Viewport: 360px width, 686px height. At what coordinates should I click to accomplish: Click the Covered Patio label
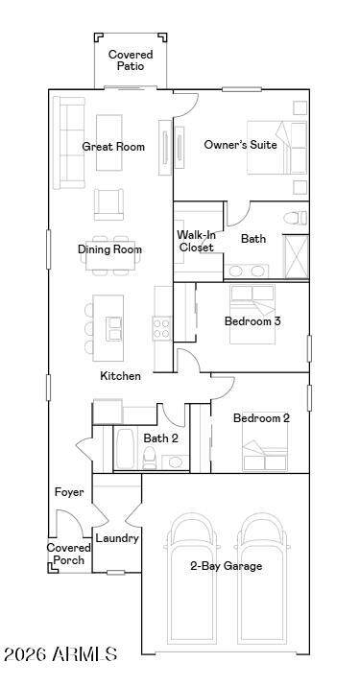pyautogui.click(x=131, y=60)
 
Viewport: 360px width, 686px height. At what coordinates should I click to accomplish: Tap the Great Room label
pyautogui.click(x=113, y=146)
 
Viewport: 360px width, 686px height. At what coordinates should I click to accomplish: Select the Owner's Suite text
pyautogui.click(x=240, y=144)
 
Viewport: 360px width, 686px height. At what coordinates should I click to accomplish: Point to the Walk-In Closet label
pyautogui.click(x=196, y=241)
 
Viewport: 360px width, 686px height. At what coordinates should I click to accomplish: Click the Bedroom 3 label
pyautogui.click(x=252, y=321)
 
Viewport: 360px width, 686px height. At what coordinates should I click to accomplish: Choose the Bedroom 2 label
pyautogui.click(x=261, y=418)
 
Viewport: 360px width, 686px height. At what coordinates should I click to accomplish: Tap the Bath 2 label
pyautogui.click(x=160, y=438)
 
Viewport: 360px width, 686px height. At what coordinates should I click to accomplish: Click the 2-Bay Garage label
pyautogui.click(x=226, y=566)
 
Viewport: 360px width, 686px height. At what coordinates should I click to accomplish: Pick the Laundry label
pyautogui.click(x=117, y=538)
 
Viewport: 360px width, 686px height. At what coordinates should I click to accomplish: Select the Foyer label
pyautogui.click(x=69, y=492)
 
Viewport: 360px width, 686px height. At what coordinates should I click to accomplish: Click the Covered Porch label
pyautogui.click(x=69, y=554)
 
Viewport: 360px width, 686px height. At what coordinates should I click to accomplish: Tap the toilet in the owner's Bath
pyautogui.click(x=295, y=218)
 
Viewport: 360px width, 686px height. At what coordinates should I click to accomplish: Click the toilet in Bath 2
pyautogui.click(x=150, y=458)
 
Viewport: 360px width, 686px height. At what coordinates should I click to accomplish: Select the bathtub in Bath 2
pyautogui.click(x=126, y=449)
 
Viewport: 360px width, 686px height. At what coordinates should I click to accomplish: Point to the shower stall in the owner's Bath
pyautogui.click(x=296, y=257)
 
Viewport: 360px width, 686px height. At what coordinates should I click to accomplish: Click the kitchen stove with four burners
pyautogui.click(x=161, y=328)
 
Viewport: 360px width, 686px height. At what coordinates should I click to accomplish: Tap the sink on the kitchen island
pyautogui.click(x=114, y=328)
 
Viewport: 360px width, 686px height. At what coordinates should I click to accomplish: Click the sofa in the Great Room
pyautogui.click(x=69, y=143)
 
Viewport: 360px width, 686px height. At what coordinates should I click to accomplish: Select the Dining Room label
pyautogui.click(x=110, y=249)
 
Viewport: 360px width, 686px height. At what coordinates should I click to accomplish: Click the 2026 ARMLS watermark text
pyautogui.click(x=60, y=654)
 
